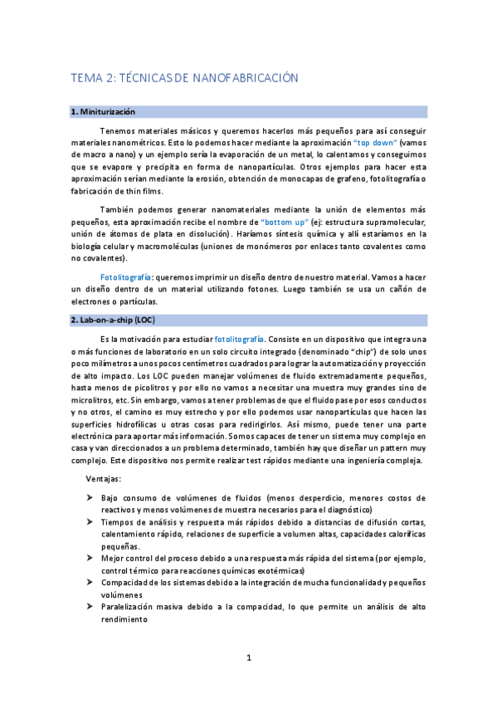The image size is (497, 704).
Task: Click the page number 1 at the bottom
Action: coord(248,658)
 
